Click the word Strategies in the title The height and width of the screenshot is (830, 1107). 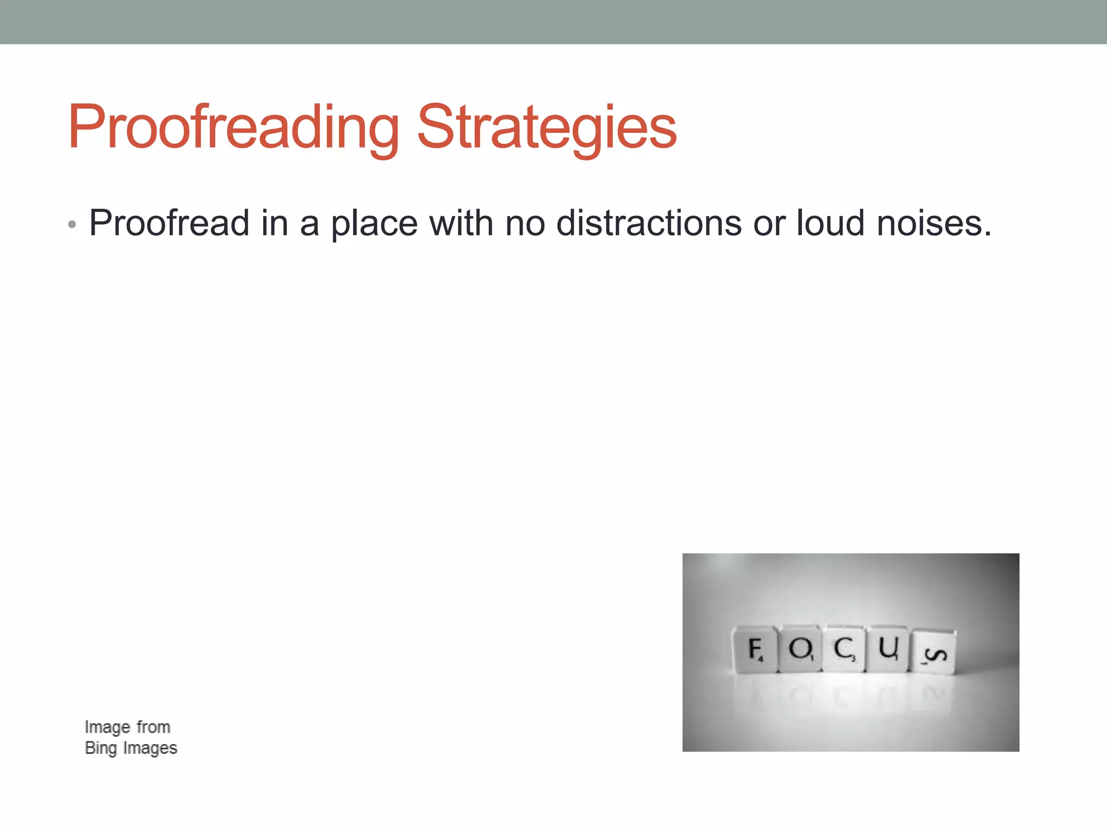pyautogui.click(x=546, y=128)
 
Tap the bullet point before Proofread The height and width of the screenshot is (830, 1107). pyautogui.click(x=72, y=224)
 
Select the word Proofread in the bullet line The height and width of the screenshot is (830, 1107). pyautogui.click(x=169, y=223)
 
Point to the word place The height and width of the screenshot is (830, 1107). pyautogui.click(x=374, y=224)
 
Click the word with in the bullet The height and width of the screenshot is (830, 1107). pyautogui.click(x=461, y=223)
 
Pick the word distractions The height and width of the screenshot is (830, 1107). pyautogui.click(x=649, y=223)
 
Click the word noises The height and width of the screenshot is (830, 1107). pyautogui.click(x=934, y=223)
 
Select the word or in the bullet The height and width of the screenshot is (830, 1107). pyautogui.click(x=769, y=224)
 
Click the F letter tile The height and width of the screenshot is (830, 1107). pyautogui.click(x=755, y=650)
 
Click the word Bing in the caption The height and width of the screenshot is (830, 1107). pyautogui.click(x=101, y=748)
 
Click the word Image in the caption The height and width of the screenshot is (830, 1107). pyautogui.click(x=108, y=728)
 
